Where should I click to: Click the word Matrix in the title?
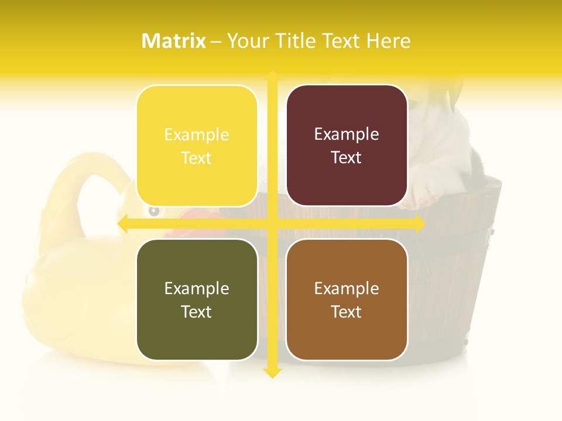(174, 41)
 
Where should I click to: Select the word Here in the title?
(389, 41)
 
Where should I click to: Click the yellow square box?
(197, 146)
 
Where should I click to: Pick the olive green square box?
(197, 299)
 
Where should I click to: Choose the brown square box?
(347, 299)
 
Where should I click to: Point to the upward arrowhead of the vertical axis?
(272, 75)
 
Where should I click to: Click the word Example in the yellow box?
(197, 135)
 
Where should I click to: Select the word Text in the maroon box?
(347, 158)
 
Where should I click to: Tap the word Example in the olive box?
(197, 289)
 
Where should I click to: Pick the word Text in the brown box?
(347, 312)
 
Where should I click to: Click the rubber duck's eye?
(153, 210)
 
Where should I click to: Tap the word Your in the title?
(247, 41)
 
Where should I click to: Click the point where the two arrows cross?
(272, 223)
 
